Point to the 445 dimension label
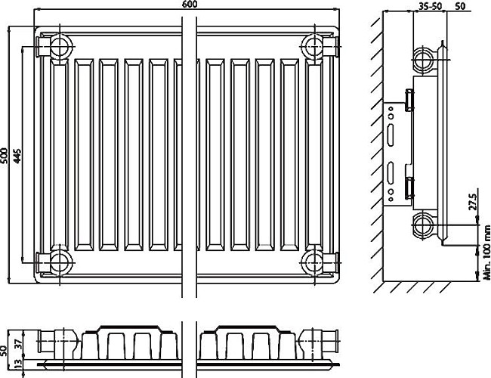click(x=17, y=155)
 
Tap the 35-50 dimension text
click(x=430, y=6)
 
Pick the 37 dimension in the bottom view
click(x=18, y=344)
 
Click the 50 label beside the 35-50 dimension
click(x=462, y=6)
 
